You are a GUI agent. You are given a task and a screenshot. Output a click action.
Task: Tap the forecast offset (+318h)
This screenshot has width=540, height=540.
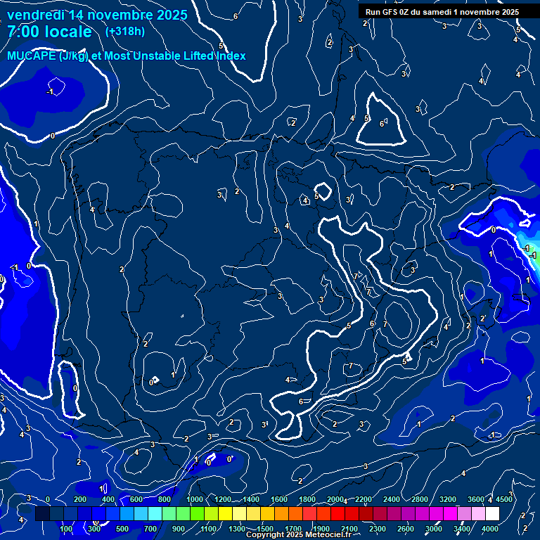click(124, 31)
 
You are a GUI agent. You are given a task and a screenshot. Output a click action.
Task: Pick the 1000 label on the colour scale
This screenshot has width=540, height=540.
click(194, 499)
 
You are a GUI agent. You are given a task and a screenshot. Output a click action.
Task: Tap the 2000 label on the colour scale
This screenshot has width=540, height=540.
click(335, 499)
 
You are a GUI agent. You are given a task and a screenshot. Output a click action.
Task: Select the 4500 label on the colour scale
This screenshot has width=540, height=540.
click(504, 499)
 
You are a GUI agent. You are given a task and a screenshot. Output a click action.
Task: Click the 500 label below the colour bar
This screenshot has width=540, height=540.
click(122, 528)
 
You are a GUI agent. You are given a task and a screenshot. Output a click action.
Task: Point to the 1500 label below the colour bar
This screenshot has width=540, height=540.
click(265, 528)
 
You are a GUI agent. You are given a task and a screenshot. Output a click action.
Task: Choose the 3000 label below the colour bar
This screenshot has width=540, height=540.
click(434, 528)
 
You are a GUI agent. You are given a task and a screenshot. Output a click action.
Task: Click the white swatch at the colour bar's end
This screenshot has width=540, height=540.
click(492, 514)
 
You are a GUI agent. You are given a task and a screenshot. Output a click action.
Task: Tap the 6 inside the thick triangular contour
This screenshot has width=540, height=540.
click(382, 124)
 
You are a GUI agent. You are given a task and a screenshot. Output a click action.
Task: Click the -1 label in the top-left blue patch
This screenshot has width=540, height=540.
click(50, 92)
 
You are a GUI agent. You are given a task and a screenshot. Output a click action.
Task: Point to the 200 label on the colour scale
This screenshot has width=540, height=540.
click(80, 499)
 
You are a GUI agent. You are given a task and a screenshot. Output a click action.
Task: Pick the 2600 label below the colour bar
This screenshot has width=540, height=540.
click(406, 528)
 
